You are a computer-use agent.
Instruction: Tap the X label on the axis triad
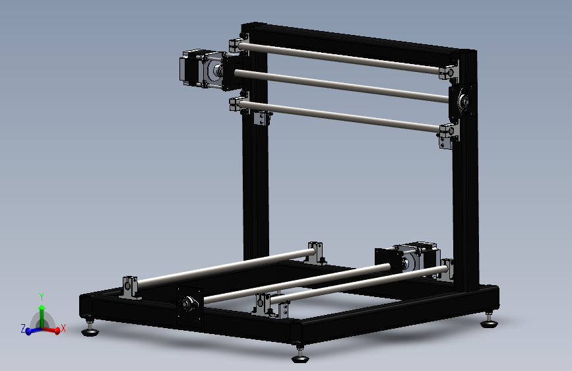[63, 328]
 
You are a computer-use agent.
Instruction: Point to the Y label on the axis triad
[41, 296]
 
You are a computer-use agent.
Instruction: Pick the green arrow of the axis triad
[41, 314]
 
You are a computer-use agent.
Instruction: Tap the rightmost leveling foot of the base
[488, 321]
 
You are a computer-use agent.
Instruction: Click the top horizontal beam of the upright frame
[356, 39]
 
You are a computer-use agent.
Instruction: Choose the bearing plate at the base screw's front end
[188, 305]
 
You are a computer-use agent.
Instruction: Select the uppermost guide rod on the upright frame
[343, 56]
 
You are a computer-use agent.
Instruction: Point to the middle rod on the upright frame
[343, 84]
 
